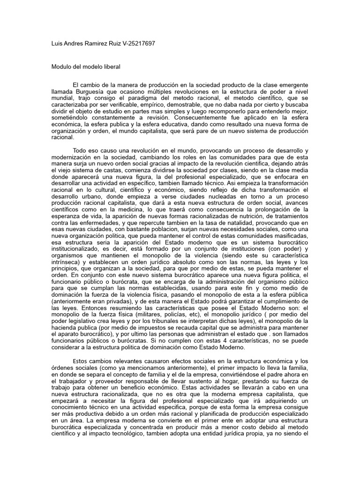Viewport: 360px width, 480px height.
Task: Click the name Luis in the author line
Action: tap(57, 43)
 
